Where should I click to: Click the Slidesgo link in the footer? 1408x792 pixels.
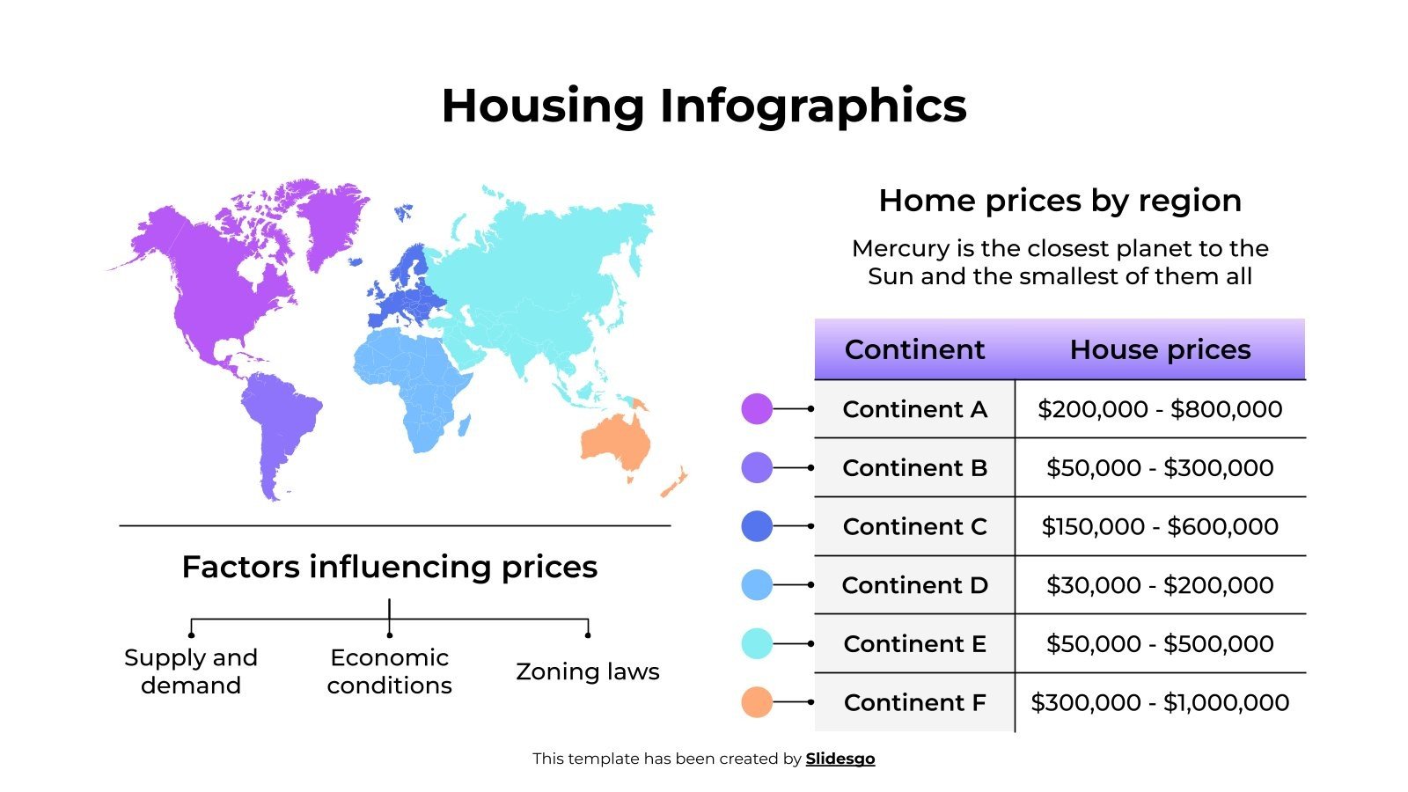click(840, 759)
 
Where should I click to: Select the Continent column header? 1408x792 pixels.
click(913, 349)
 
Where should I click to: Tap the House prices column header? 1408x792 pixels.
click(1159, 349)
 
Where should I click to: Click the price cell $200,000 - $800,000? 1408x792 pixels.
click(1159, 409)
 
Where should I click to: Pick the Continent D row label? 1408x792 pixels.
click(914, 585)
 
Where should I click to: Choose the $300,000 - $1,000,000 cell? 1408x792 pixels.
click(1159, 702)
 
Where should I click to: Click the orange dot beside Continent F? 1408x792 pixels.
click(757, 702)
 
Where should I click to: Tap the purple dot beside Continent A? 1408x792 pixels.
click(757, 409)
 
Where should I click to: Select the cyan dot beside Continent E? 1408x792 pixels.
click(757, 643)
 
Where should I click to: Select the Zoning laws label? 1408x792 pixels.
click(587, 671)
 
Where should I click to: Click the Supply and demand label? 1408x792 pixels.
click(191, 671)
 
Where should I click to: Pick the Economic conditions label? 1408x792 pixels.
click(389, 671)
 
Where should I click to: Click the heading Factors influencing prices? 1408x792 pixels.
click(389, 567)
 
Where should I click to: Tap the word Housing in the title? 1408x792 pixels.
click(542, 106)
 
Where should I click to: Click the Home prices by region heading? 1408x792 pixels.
click(1060, 201)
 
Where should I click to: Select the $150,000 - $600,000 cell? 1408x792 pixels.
click(1159, 526)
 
